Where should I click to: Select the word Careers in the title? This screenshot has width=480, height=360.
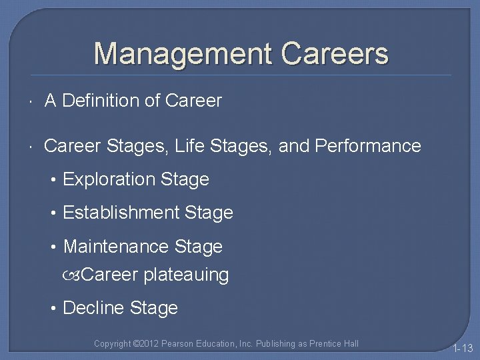coord(335,54)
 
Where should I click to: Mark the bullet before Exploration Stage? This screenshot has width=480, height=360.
coord(54,180)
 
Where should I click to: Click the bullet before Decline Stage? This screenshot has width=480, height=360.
coord(54,308)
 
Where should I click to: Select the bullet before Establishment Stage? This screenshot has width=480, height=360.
coord(54,213)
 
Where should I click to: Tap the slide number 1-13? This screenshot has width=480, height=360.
coord(462,348)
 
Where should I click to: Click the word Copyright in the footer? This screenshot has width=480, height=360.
coord(113,344)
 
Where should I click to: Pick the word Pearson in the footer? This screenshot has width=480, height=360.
coord(176,344)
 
